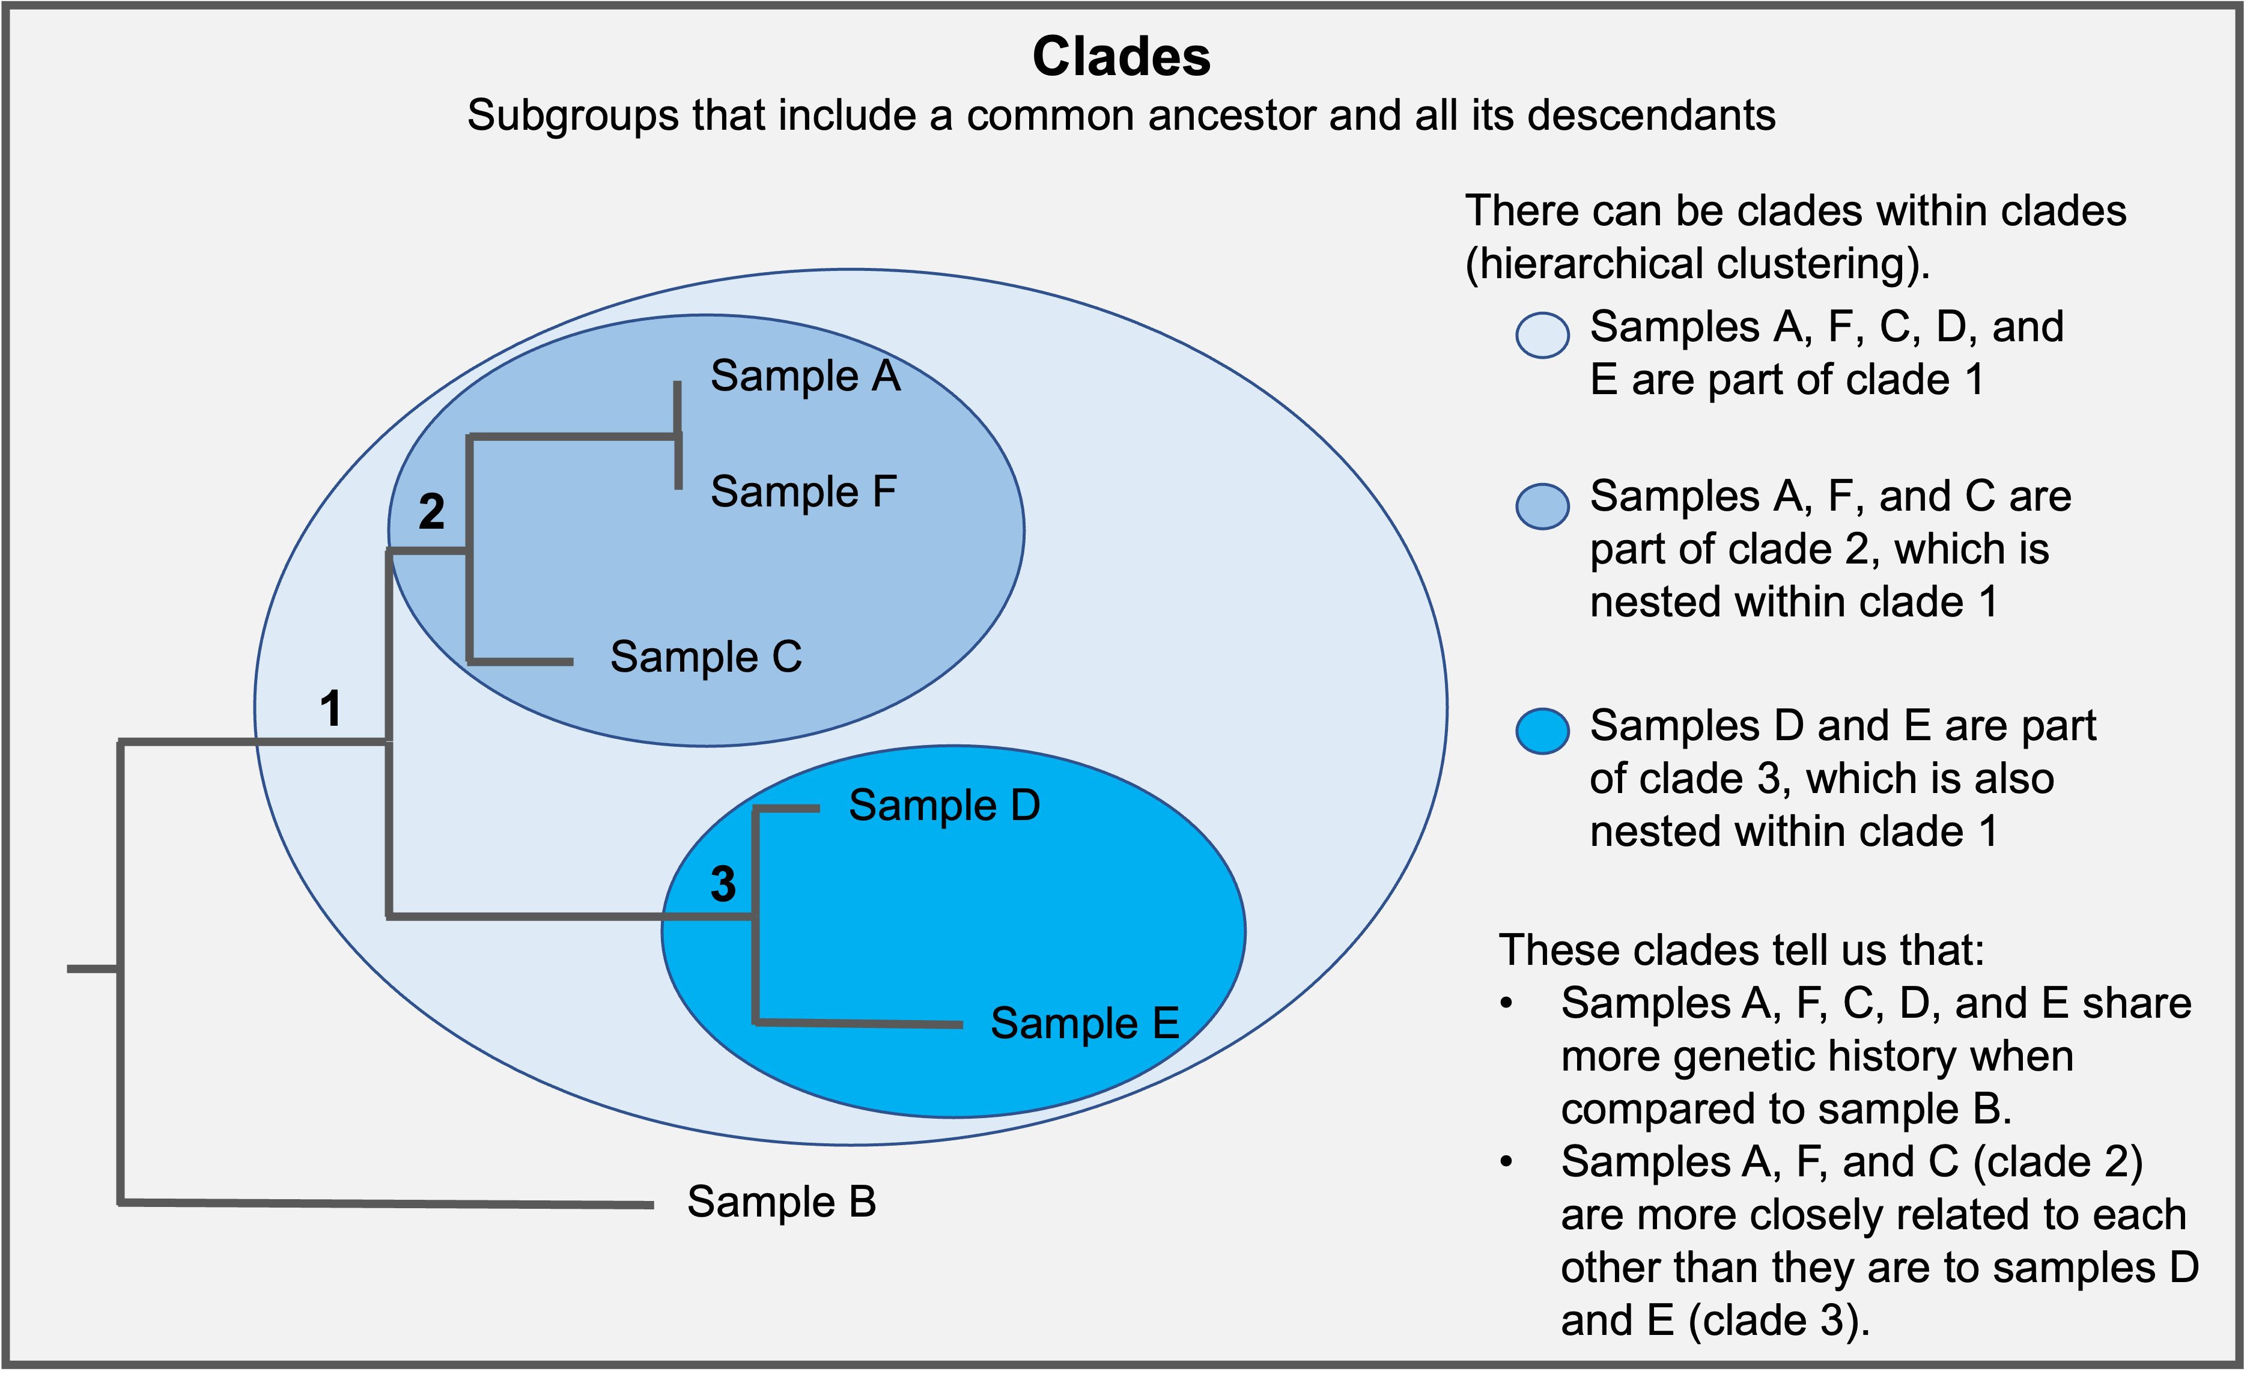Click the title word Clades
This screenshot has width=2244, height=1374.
click(1121, 56)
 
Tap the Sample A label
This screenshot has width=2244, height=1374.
click(805, 376)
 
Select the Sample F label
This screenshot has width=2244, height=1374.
click(803, 491)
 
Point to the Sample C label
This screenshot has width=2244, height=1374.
click(706, 657)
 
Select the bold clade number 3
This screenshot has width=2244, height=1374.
click(723, 883)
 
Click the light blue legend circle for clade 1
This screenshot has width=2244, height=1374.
click(1542, 335)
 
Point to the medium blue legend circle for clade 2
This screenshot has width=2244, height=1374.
click(1542, 506)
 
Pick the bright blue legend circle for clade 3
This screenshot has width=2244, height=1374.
click(1542, 731)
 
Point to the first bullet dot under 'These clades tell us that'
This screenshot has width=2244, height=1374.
click(1506, 1003)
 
